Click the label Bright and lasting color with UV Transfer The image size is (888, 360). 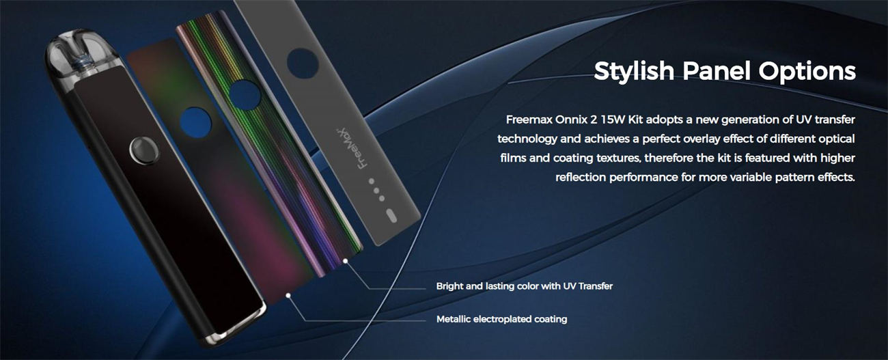(x=524, y=286)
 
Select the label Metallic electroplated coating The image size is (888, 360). (x=501, y=319)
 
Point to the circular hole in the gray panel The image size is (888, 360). (x=301, y=63)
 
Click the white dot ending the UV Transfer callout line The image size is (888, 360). (x=346, y=260)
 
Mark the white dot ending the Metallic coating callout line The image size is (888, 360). (x=289, y=295)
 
